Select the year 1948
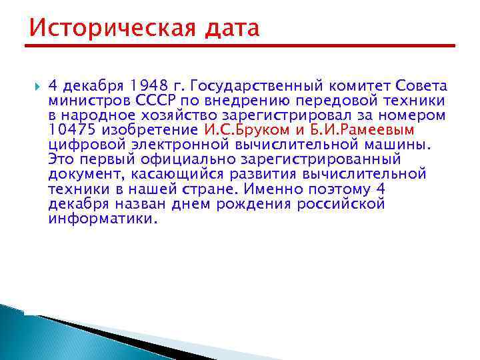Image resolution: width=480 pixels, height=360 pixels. pyautogui.click(x=148, y=86)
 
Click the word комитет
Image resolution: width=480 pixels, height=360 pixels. pyautogui.click(x=361, y=86)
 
